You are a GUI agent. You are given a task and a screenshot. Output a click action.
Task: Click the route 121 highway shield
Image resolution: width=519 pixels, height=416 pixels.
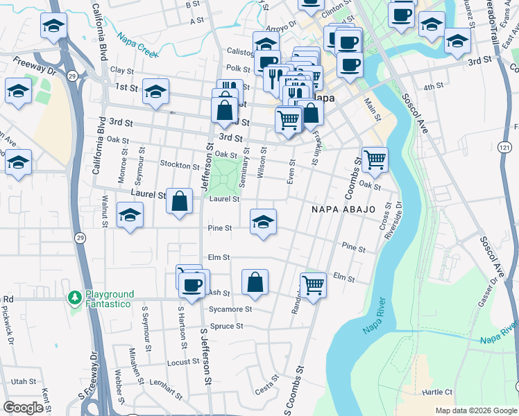click(x=504, y=147)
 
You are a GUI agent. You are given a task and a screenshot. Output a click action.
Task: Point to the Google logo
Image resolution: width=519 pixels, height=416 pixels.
click(x=23, y=408)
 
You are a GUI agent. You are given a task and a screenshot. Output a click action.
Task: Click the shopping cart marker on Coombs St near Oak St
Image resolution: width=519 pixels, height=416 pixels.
click(x=375, y=160)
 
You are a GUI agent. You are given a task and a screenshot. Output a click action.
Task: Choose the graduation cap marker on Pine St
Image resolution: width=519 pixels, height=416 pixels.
click(x=263, y=222)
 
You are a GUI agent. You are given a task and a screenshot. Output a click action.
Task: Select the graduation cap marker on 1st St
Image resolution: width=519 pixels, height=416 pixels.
click(x=156, y=92)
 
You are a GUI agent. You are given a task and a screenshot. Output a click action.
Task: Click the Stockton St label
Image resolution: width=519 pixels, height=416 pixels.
click(x=179, y=166)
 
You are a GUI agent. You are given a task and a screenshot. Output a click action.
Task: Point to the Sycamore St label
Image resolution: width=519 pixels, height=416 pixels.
click(x=230, y=309)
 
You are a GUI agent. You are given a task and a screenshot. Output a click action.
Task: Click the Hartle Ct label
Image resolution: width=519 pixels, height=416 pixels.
click(x=437, y=392)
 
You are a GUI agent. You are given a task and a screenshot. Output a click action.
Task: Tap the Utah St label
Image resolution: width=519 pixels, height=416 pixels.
click(x=24, y=381)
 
